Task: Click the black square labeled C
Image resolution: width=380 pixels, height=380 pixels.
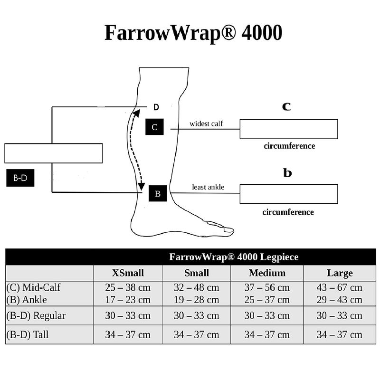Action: [154, 127]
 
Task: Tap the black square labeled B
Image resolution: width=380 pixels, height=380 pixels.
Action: [158, 193]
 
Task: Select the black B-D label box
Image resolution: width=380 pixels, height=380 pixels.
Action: [20, 178]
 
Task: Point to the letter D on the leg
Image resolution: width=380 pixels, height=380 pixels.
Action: [156, 107]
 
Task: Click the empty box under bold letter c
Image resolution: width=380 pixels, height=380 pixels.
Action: [289, 129]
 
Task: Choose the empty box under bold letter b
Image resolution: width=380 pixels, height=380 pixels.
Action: [289, 194]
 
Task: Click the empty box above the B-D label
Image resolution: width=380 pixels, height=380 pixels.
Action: [54, 153]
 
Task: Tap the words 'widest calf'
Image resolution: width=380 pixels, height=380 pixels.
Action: [206, 123]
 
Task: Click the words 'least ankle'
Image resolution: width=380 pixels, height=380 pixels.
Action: [208, 187]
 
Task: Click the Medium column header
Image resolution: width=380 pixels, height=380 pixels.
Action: [267, 273]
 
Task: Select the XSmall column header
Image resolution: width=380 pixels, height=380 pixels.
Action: [128, 273]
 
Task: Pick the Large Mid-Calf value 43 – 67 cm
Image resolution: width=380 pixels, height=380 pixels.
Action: [339, 288]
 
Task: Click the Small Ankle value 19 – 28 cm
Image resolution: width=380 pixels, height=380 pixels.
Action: [197, 300]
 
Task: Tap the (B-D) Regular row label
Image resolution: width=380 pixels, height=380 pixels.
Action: [36, 315]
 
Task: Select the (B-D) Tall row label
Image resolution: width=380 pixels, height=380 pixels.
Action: [28, 335]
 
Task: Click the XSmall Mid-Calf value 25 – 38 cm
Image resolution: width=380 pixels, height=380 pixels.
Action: [128, 288]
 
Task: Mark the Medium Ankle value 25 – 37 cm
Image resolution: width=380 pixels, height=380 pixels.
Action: [267, 300]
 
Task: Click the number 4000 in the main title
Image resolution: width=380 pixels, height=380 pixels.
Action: [262, 33]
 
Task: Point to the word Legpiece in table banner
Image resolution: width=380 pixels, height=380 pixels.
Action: [279, 257]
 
